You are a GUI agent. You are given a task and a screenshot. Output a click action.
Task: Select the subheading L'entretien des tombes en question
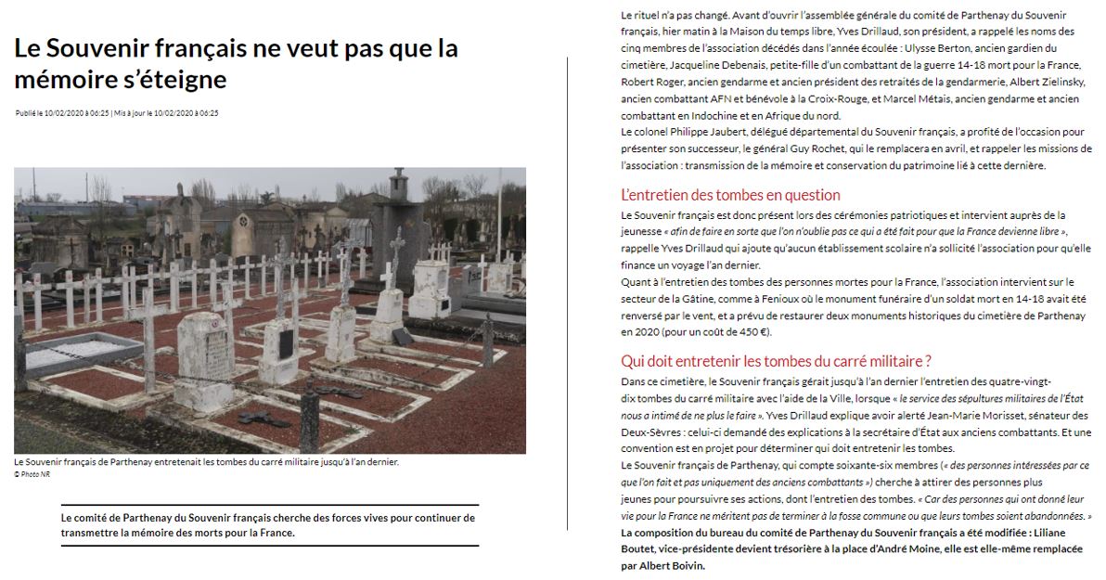[x=730, y=195]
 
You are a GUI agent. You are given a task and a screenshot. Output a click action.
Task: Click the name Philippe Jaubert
[x=701, y=133]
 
